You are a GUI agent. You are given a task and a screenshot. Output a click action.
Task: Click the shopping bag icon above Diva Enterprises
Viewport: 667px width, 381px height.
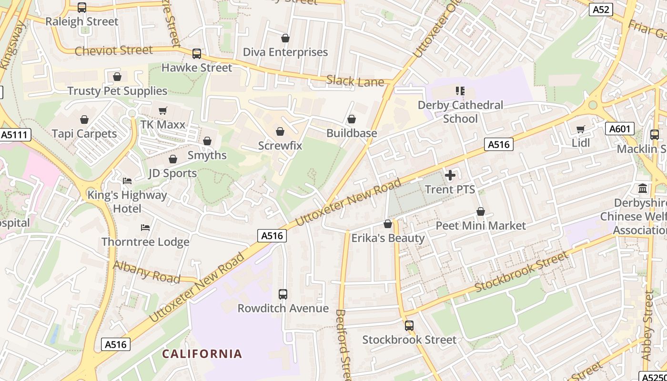click(x=285, y=38)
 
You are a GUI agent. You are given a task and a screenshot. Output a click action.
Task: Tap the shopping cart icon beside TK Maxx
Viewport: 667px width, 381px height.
click(x=163, y=111)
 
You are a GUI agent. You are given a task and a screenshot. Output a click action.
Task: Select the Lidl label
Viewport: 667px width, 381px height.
click(x=580, y=143)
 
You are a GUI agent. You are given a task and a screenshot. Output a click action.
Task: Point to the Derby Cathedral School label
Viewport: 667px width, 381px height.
click(x=460, y=111)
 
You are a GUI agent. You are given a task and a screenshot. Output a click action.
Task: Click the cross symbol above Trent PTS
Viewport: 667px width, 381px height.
click(x=450, y=176)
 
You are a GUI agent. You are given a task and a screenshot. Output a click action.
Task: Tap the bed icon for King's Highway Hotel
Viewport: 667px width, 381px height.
click(x=127, y=181)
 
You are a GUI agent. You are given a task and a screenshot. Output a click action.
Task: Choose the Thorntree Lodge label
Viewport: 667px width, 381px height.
click(x=145, y=242)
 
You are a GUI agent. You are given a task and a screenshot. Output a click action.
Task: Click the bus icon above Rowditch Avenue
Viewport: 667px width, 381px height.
click(x=283, y=294)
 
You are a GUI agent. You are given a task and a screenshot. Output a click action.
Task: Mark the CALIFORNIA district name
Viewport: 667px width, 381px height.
click(x=202, y=354)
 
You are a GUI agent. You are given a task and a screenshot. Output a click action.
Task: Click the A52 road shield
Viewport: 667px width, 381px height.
click(x=600, y=9)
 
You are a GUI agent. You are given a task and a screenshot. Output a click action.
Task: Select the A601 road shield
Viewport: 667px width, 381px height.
click(x=619, y=129)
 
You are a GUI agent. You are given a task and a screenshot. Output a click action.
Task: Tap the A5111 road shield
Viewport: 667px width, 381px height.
click(x=15, y=135)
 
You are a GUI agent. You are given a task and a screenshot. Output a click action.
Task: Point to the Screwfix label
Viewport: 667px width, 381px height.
click(x=280, y=145)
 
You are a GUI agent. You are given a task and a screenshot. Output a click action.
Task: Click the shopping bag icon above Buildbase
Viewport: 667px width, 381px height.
click(x=352, y=119)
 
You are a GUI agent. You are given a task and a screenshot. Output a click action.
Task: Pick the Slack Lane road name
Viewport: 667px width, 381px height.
click(x=355, y=81)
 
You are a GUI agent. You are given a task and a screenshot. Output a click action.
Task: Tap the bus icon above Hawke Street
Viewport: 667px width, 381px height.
click(x=197, y=54)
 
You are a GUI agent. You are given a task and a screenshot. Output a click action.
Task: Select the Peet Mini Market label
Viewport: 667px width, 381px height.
click(x=481, y=225)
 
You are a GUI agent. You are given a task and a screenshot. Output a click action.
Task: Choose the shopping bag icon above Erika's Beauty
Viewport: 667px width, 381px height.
click(x=388, y=224)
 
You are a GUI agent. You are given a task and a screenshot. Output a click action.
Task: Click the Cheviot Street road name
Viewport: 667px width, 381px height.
click(x=114, y=50)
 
